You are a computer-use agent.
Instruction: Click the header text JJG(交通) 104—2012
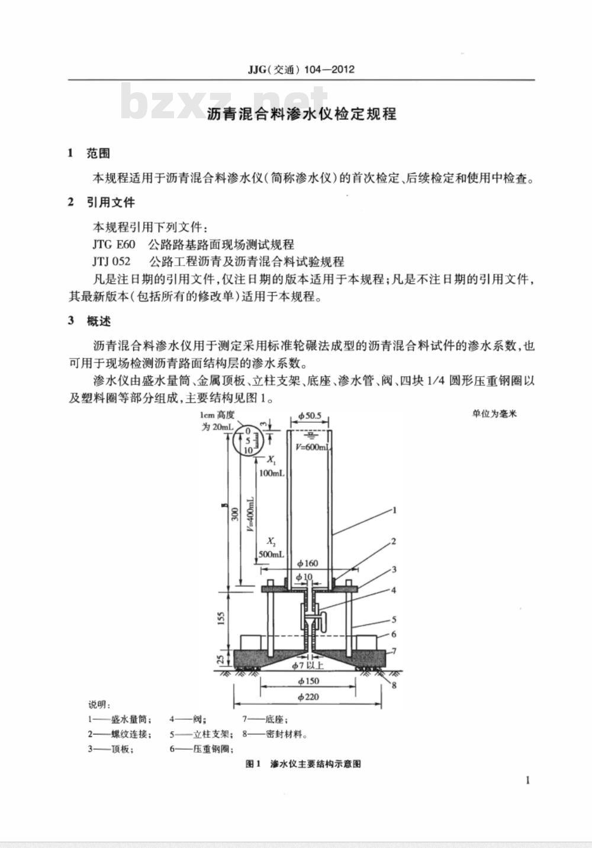click(x=301, y=70)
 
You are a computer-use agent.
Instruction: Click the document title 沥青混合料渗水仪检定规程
click(x=302, y=114)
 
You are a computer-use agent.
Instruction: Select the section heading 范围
click(x=98, y=153)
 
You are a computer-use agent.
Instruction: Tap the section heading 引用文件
click(x=111, y=202)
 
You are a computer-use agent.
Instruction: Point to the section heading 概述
click(x=98, y=321)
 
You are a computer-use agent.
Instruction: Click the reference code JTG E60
click(x=114, y=245)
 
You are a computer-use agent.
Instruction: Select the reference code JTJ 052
click(x=111, y=261)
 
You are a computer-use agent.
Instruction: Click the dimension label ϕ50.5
click(x=310, y=416)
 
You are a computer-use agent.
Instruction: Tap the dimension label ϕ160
click(x=308, y=563)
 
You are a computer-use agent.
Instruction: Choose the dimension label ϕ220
click(x=308, y=697)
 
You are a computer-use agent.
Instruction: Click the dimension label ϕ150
click(x=308, y=681)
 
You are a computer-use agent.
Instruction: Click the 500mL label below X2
click(x=271, y=554)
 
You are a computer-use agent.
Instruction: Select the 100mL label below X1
click(x=272, y=473)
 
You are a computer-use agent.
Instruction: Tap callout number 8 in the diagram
click(x=394, y=685)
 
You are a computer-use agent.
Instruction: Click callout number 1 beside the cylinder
click(x=394, y=510)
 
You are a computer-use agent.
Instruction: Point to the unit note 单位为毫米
click(x=494, y=414)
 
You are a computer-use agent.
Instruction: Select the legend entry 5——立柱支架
click(x=201, y=734)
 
